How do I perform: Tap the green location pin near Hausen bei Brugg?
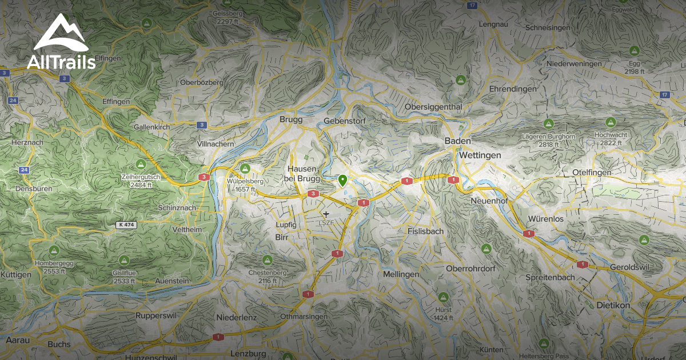[x=342, y=181]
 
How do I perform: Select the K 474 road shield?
[x=127, y=225]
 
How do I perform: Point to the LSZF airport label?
[x=326, y=222]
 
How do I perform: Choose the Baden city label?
[x=458, y=141]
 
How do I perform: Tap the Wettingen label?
[x=479, y=155]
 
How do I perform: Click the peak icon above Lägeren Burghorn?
[x=548, y=123]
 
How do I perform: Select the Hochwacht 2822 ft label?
[x=611, y=138]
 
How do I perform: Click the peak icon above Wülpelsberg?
[x=245, y=168]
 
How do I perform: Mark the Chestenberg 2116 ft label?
[x=267, y=277]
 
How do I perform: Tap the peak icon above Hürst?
[x=442, y=297]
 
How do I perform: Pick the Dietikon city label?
[x=613, y=306]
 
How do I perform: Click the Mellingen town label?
[x=401, y=275]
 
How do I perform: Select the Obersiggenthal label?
[x=433, y=107]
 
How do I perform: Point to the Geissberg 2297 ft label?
[x=226, y=17]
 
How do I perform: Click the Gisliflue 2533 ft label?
[x=124, y=277]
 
